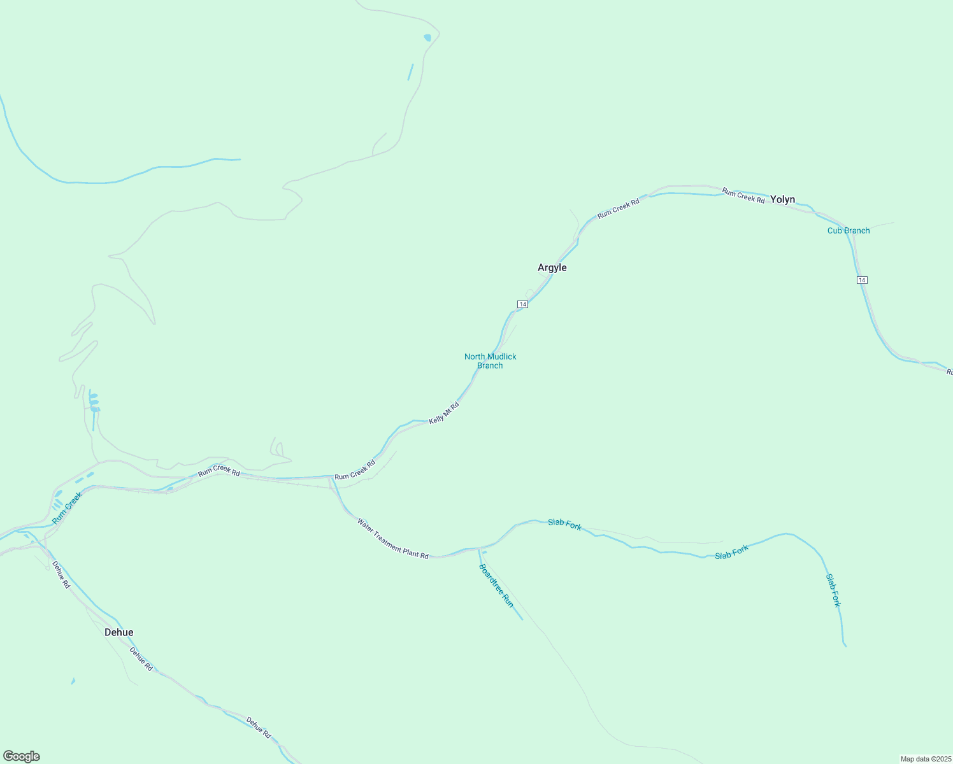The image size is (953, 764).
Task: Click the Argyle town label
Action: tap(552, 268)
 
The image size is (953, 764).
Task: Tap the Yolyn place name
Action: tap(782, 200)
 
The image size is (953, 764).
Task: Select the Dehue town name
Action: tap(119, 633)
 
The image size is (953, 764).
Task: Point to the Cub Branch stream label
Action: tap(848, 231)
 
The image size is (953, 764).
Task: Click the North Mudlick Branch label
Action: tap(490, 361)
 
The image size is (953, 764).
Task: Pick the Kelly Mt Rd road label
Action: tap(444, 413)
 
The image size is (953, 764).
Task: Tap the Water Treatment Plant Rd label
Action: tap(392, 539)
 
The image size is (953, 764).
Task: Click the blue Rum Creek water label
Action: tap(68, 508)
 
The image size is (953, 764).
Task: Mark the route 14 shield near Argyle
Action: tap(522, 305)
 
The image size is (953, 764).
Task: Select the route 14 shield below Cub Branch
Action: tap(862, 280)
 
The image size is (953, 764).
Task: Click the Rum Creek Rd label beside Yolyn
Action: tap(743, 196)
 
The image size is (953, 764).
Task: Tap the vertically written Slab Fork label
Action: tap(833, 590)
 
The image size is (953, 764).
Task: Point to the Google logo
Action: tap(22, 756)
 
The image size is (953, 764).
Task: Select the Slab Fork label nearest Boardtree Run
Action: tap(564, 525)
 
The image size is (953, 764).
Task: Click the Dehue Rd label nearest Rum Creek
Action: tap(61, 574)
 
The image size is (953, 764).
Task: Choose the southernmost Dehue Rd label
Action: tap(259, 728)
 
